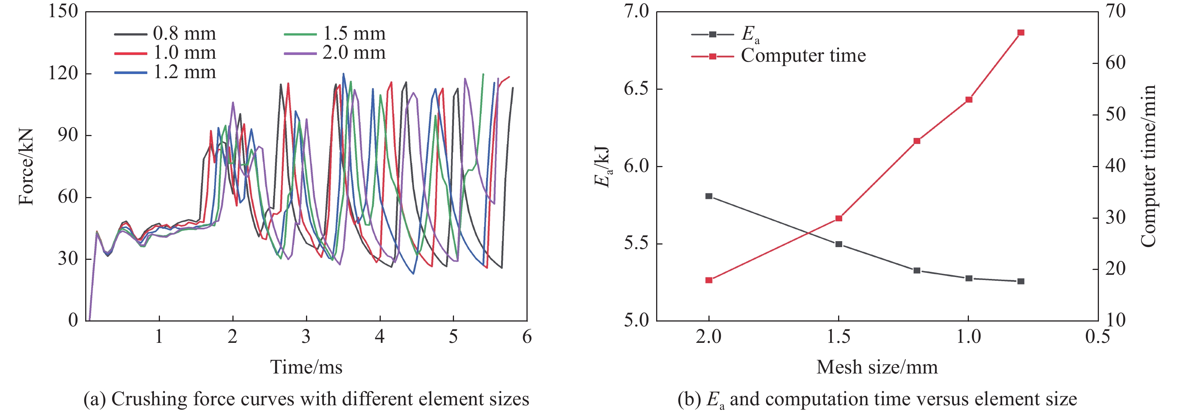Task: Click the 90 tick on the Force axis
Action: click(x=68, y=135)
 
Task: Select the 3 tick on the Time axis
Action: click(x=306, y=337)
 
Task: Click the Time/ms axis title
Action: click(x=306, y=367)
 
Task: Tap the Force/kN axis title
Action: click(x=26, y=167)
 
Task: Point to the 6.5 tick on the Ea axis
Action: click(x=636, y=89)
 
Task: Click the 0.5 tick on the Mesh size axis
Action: click(x=1097, y=337)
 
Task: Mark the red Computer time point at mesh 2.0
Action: click(x=709, y=280)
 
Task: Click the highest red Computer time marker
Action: click(x=1021, y=33)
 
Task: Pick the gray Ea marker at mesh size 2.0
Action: click(x=709, y=196)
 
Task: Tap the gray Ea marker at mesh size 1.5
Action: click(x=839, y=244)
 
